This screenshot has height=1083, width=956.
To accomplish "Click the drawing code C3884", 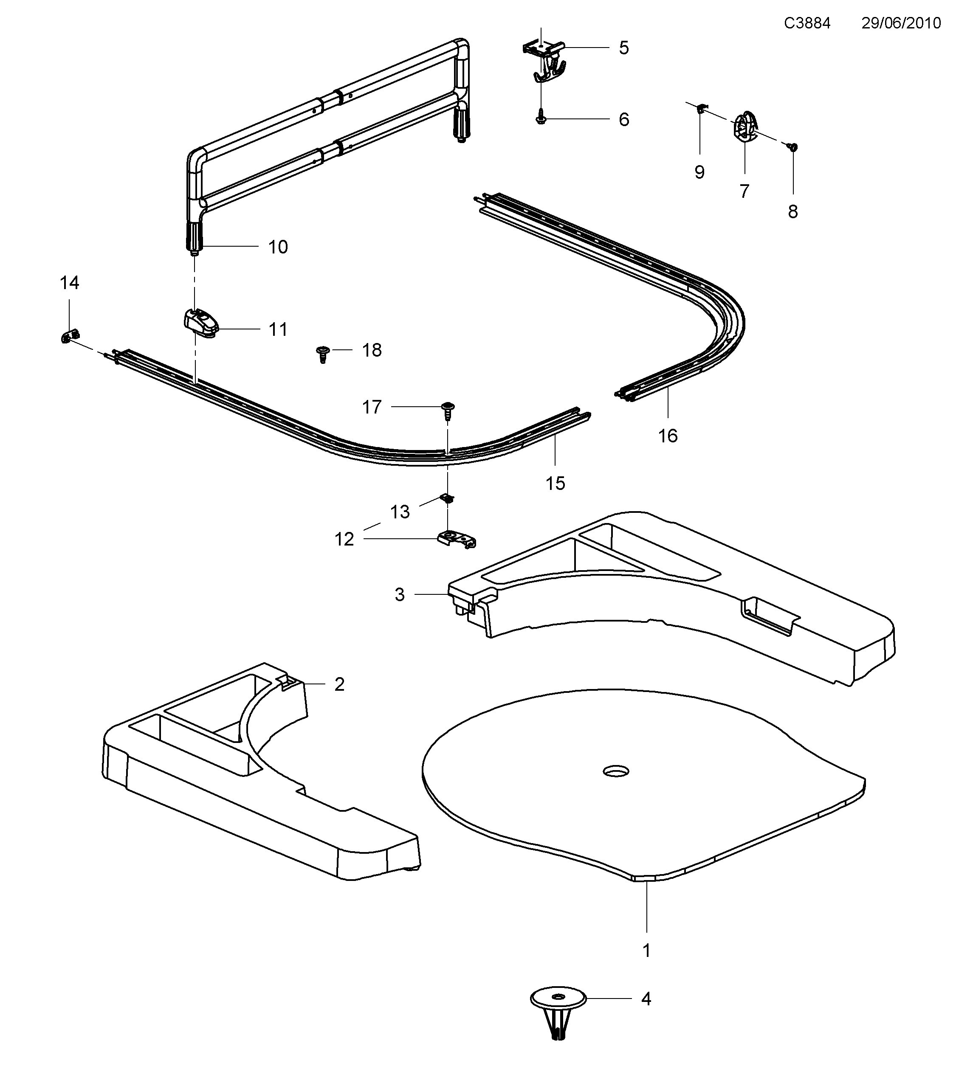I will [807, 23].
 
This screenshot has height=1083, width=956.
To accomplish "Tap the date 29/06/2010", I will [901, 23].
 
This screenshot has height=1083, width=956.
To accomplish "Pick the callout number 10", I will [278, 247].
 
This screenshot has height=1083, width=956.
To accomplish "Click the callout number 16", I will [668, 436].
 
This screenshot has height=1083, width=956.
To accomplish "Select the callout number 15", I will [556, 483].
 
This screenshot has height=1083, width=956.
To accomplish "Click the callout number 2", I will [339, 684].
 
